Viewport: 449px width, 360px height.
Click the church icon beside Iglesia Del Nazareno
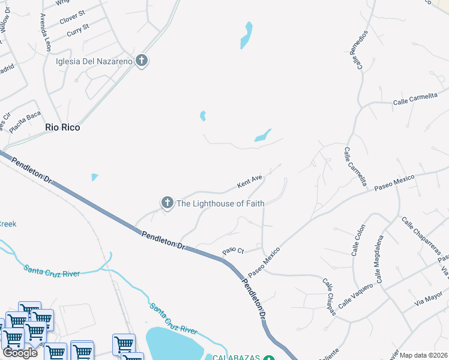pyautogui.click(x=142, y=61)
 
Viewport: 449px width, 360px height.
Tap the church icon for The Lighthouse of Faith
pyautogui.click(x=167, y=203)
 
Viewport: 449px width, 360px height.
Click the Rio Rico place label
pyautogui.click(x=62, y=127)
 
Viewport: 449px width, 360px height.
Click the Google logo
pyautogui.click(x=20, y=353)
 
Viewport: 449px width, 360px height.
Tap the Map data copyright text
pyautogui.click(x=424, y=355)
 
